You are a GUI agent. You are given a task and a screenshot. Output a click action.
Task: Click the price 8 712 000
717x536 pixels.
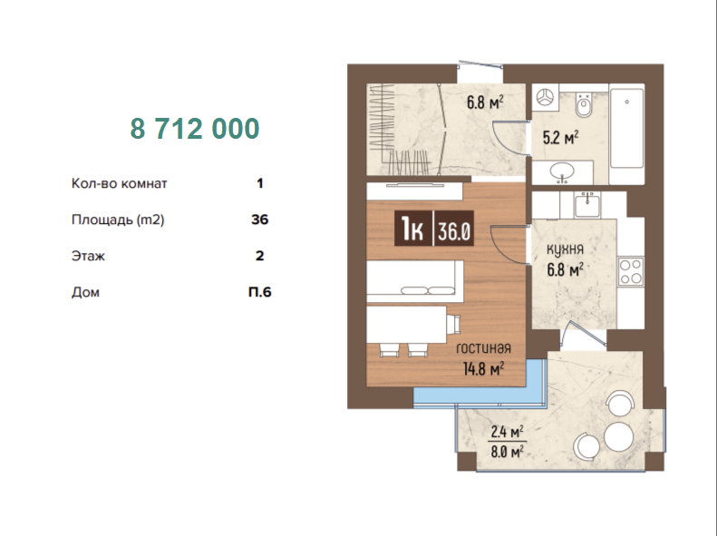coord(195,129)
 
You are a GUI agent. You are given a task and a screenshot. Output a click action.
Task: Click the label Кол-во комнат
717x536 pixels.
coord(120,184)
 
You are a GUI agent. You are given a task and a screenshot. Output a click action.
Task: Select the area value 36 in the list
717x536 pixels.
coord(260,219)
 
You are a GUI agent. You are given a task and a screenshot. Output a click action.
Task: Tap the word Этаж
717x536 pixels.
coord(88,256)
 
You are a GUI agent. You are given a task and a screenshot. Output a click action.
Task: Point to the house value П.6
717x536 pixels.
coord(260,292)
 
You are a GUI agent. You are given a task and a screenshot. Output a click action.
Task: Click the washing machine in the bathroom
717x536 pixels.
coord(545,97)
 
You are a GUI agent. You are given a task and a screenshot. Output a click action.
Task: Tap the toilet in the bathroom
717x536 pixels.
coord(583,105)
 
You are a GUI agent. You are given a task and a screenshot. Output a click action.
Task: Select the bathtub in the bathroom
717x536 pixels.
coord(627,128)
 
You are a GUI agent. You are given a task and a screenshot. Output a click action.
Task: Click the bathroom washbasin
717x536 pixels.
coord(562,172)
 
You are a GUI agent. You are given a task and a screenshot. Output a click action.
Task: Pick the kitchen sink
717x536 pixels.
coord(587,204)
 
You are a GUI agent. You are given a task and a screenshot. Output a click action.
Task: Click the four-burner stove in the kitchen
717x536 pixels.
coord(631,272)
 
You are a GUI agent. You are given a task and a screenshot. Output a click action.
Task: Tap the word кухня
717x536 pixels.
coord(566,249)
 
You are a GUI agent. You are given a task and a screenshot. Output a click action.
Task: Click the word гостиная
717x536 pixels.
coord(483,348)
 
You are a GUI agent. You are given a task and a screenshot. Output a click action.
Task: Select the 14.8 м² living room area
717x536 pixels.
coord(483,368)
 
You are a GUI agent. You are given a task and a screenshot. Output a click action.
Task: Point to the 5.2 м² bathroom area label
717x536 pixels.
coord(560,137)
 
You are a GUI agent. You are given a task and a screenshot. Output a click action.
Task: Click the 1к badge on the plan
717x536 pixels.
coord(412,229)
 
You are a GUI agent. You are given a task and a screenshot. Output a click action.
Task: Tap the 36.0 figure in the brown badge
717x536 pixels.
coord(454,231)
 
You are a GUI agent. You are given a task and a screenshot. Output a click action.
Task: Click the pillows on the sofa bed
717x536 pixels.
coord(428,290)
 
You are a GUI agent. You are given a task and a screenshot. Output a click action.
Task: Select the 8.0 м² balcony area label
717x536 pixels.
coord(507,453)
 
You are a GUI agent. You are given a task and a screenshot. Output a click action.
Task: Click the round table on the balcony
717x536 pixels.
coord(618,436)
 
